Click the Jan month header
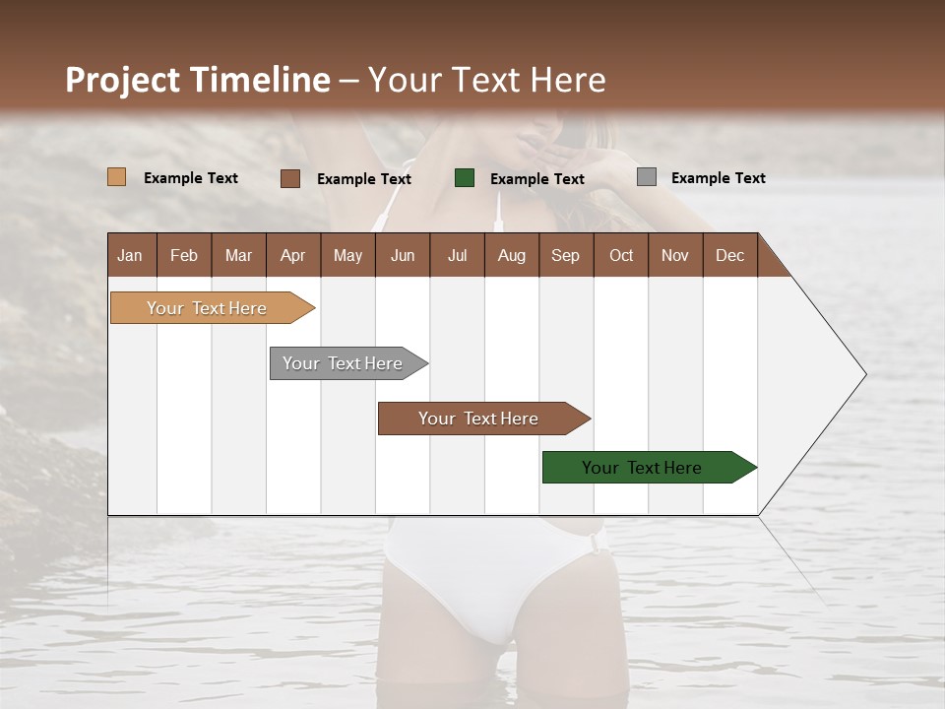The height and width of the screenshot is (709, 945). pyautogui.click(x=130, y=255)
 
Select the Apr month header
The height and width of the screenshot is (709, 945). pyautogui.click(x=292, y=255)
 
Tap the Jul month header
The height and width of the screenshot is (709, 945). pyautogui.click(x=457, y=255)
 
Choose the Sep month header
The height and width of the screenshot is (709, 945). pyautogui.click(x=565, y=255)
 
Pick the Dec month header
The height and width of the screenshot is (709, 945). pyautogui.click(x=729, y=255)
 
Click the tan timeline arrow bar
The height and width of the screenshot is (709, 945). pyautogui.click(x=208, y=308)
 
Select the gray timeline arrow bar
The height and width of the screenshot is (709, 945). pyautogui.click(x=344, y=363)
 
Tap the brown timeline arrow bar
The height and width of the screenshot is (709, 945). pyautogui.click(x=478, y=419)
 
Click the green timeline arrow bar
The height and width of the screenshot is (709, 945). pyautogui.click(x=643, y=468)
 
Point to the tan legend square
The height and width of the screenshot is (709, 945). pyautogui.click(x=117, y=177)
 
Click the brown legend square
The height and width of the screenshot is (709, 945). pyautogui.click(x=290, y=178)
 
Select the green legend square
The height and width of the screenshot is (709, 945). pyautogui.click(x=465, y=178)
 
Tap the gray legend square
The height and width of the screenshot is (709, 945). pyautogui.click(x=647, y=177)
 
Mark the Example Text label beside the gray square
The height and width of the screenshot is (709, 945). pyautogui.click(x=718, y=177)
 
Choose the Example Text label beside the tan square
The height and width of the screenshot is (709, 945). pyautogui.click(x=191, y=177)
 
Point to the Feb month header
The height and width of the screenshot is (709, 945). pyautogui.click(x=184, y=255)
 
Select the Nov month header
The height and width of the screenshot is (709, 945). pyautogui.click(x=674, y=255)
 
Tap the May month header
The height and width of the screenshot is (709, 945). pyautogui.click(x=347, y=255)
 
